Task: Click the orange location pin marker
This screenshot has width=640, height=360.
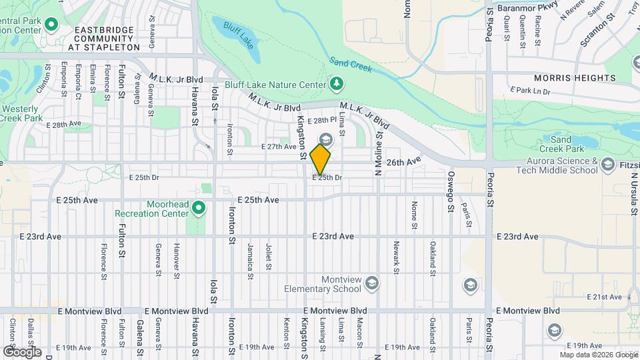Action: point(321,159)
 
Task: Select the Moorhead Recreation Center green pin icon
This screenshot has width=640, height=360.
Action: point(198,209)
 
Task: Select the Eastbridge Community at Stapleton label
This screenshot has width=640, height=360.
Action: point(107,39)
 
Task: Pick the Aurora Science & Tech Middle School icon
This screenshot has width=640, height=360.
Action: point(607,165)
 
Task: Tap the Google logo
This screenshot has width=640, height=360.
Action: point(22,351)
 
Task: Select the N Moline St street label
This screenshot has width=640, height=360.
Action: point(378,153)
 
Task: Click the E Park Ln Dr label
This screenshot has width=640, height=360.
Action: point(531,90)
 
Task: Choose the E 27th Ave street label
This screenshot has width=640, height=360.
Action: point(279,146)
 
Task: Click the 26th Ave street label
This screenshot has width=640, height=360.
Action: point(404,162)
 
